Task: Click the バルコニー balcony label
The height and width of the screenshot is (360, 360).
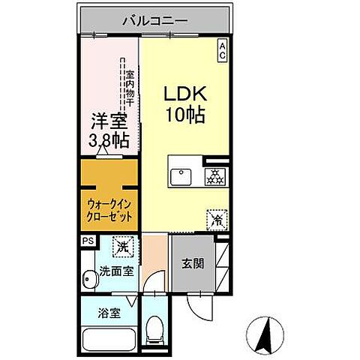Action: [155, 20]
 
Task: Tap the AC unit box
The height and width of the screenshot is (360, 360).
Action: [223, 50]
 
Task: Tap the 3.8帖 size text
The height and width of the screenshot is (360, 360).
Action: [108, 140]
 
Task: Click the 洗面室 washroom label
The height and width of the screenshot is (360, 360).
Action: [116, 271]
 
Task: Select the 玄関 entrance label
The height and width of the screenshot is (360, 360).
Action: [190, 264]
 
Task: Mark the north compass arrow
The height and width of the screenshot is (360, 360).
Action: [264, 334]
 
